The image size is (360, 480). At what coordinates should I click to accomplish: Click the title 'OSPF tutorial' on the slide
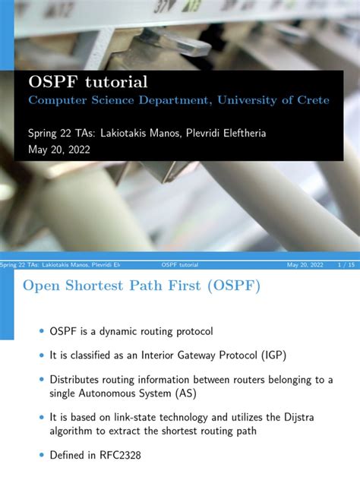pos(88,81)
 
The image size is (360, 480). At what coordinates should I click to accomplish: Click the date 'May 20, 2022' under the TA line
pos(59,150)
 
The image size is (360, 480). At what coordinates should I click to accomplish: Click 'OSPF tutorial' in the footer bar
pos(181,264)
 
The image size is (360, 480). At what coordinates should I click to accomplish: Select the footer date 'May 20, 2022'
pos(305,264)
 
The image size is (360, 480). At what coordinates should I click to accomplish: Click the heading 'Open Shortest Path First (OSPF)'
pos(141,286)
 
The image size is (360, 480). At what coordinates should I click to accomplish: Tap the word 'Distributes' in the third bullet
pos(79,379)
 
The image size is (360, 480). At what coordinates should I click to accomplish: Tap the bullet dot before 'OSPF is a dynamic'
pos(41,330)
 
